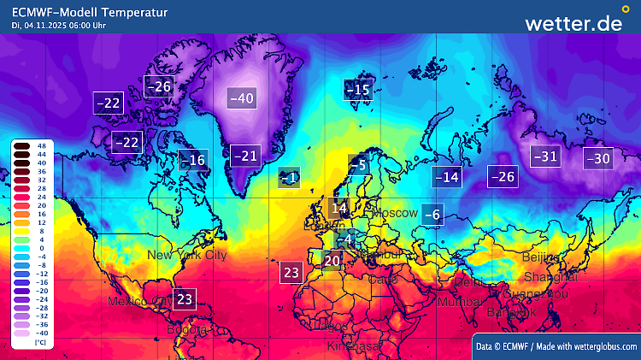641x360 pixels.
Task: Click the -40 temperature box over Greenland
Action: click(242, 98)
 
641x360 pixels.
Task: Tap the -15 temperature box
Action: click(358, 89)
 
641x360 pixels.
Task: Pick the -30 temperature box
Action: click(598, 158)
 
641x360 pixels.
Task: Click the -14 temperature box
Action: click(447, 177)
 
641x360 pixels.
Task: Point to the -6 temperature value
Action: click(432, 215)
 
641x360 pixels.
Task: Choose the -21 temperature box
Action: click(245, 156)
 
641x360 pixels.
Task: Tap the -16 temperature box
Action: click(193, 160)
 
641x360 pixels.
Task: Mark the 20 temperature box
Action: click(332, 260)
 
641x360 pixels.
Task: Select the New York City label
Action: click(187, 255)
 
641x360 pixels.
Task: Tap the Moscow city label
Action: click(395, 212)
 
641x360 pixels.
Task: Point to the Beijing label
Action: click(540, 257)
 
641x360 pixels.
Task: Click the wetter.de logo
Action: click(573, 23)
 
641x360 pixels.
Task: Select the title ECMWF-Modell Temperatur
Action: click(90, 12)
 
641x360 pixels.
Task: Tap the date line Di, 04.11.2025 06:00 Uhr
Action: click(60, 26)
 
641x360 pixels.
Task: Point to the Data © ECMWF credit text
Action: click(556, 345)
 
